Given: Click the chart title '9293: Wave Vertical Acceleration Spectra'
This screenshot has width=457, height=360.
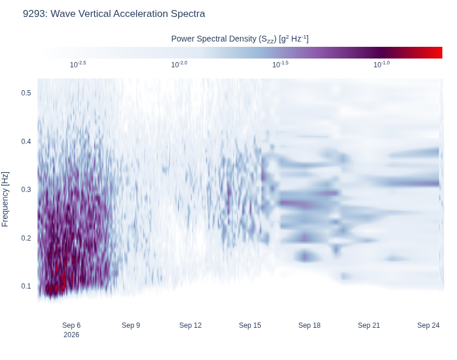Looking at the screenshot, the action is tap(114, 13).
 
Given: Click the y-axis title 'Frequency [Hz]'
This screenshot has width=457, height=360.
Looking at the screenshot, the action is tap(5, 199).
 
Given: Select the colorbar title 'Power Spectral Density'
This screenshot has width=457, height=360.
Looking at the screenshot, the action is tap(214, 39).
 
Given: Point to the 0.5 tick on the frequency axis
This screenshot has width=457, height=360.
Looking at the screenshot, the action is tap(26, 93).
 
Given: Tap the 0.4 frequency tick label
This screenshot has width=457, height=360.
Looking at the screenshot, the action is tap(26, 141).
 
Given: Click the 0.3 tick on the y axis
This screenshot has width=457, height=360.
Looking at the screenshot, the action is tap(26, 190).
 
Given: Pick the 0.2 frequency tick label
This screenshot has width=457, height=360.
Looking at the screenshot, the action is tap(26, 238).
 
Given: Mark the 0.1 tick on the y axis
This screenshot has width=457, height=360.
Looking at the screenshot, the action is tap(26, 286).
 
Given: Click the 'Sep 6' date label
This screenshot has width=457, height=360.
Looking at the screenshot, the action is tap(71, 325).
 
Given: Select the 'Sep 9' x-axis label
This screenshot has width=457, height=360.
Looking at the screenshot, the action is tap(131, 325).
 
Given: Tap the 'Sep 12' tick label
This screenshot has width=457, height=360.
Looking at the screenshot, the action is tap(190, 325).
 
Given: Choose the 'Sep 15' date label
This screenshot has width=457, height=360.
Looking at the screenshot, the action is tap(250, 325).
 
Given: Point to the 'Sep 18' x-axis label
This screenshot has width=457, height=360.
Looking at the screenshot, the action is tap(309, 325).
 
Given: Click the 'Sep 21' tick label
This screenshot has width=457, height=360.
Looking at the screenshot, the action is tap(369, 325).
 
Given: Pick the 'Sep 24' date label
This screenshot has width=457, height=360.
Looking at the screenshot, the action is tap(428, 325).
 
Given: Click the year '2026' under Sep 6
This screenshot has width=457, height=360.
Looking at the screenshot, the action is tap(71, 335).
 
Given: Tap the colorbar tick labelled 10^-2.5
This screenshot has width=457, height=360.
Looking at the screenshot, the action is tap(78, 64).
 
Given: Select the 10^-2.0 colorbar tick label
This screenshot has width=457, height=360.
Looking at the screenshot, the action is tap(179, 64).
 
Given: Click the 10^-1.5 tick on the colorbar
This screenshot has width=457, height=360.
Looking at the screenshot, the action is tap(281, 64).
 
